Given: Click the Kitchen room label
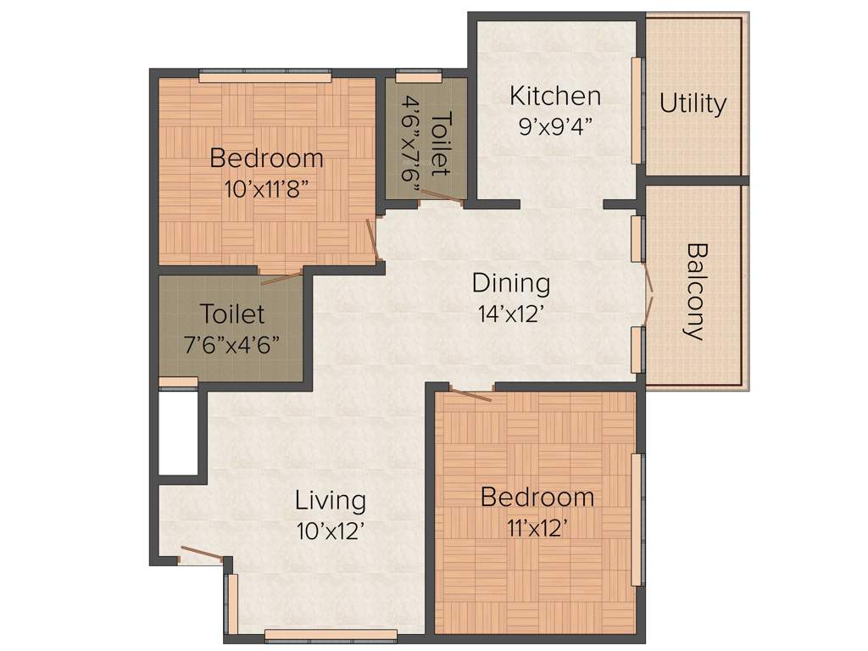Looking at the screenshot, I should [x=555, y=96].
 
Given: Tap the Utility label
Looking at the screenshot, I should [x=693, y=103].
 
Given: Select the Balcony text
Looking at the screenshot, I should [x=696, y=292].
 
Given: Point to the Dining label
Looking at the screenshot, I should [x=510, y=282].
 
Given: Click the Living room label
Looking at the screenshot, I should [x=331, y=500].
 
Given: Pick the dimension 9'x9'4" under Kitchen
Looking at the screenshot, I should [x=555, y=126].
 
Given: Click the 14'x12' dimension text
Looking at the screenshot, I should [x=510, y=313].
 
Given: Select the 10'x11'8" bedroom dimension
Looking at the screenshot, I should [x=266, y=188].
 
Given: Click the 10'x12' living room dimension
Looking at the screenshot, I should [x=331, y=531].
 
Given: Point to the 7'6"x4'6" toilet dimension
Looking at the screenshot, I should [x=232, y=345].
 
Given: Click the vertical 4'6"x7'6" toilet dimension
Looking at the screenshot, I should [x=413, y=149].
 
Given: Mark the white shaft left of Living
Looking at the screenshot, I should [x=178, y=433].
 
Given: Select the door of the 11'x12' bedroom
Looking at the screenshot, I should [x=470, y=393].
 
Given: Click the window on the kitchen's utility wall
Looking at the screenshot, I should [x=637, y=110].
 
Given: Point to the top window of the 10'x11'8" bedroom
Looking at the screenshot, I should [x=264, y=77].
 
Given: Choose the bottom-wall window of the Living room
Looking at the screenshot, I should [x=331, y=633].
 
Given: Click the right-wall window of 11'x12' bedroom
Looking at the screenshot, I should [x=637, y=519].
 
